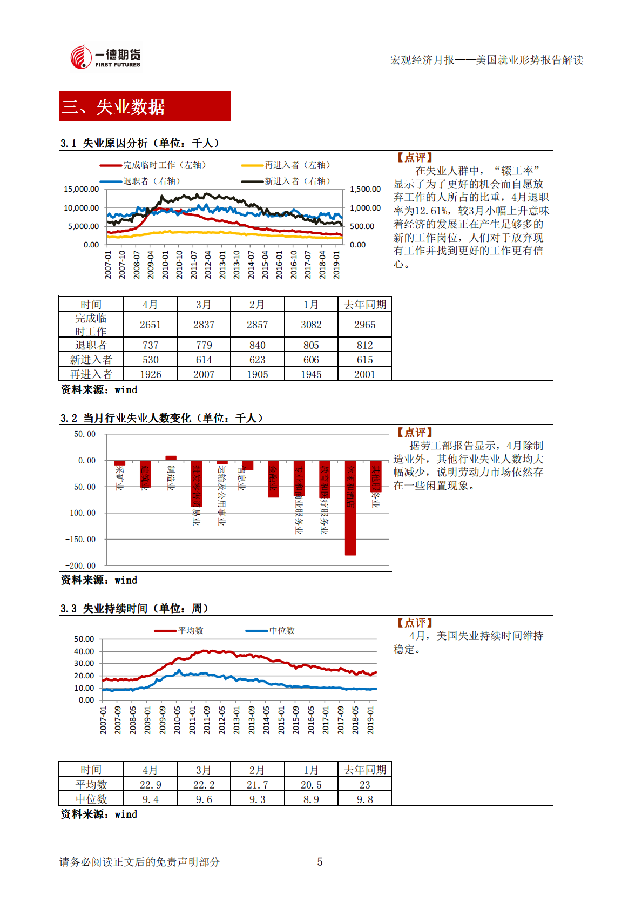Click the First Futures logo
(105, 57)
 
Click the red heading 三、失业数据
(145, 106)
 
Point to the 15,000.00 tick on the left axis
(82, 190)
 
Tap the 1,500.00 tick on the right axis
(365, 190)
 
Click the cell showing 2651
(150, 325)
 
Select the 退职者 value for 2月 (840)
(257, 346)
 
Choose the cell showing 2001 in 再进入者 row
(364, 375)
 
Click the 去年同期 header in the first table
(364, 305)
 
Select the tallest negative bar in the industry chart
(350, 508)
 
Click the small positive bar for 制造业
(171, 458)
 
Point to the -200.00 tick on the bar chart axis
(80, 566)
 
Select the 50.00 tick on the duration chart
(84, 639)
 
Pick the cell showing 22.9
(150, 785)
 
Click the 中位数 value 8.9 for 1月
(311, 799)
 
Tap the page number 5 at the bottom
(320, 862)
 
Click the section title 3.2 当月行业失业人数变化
(162, 419)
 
